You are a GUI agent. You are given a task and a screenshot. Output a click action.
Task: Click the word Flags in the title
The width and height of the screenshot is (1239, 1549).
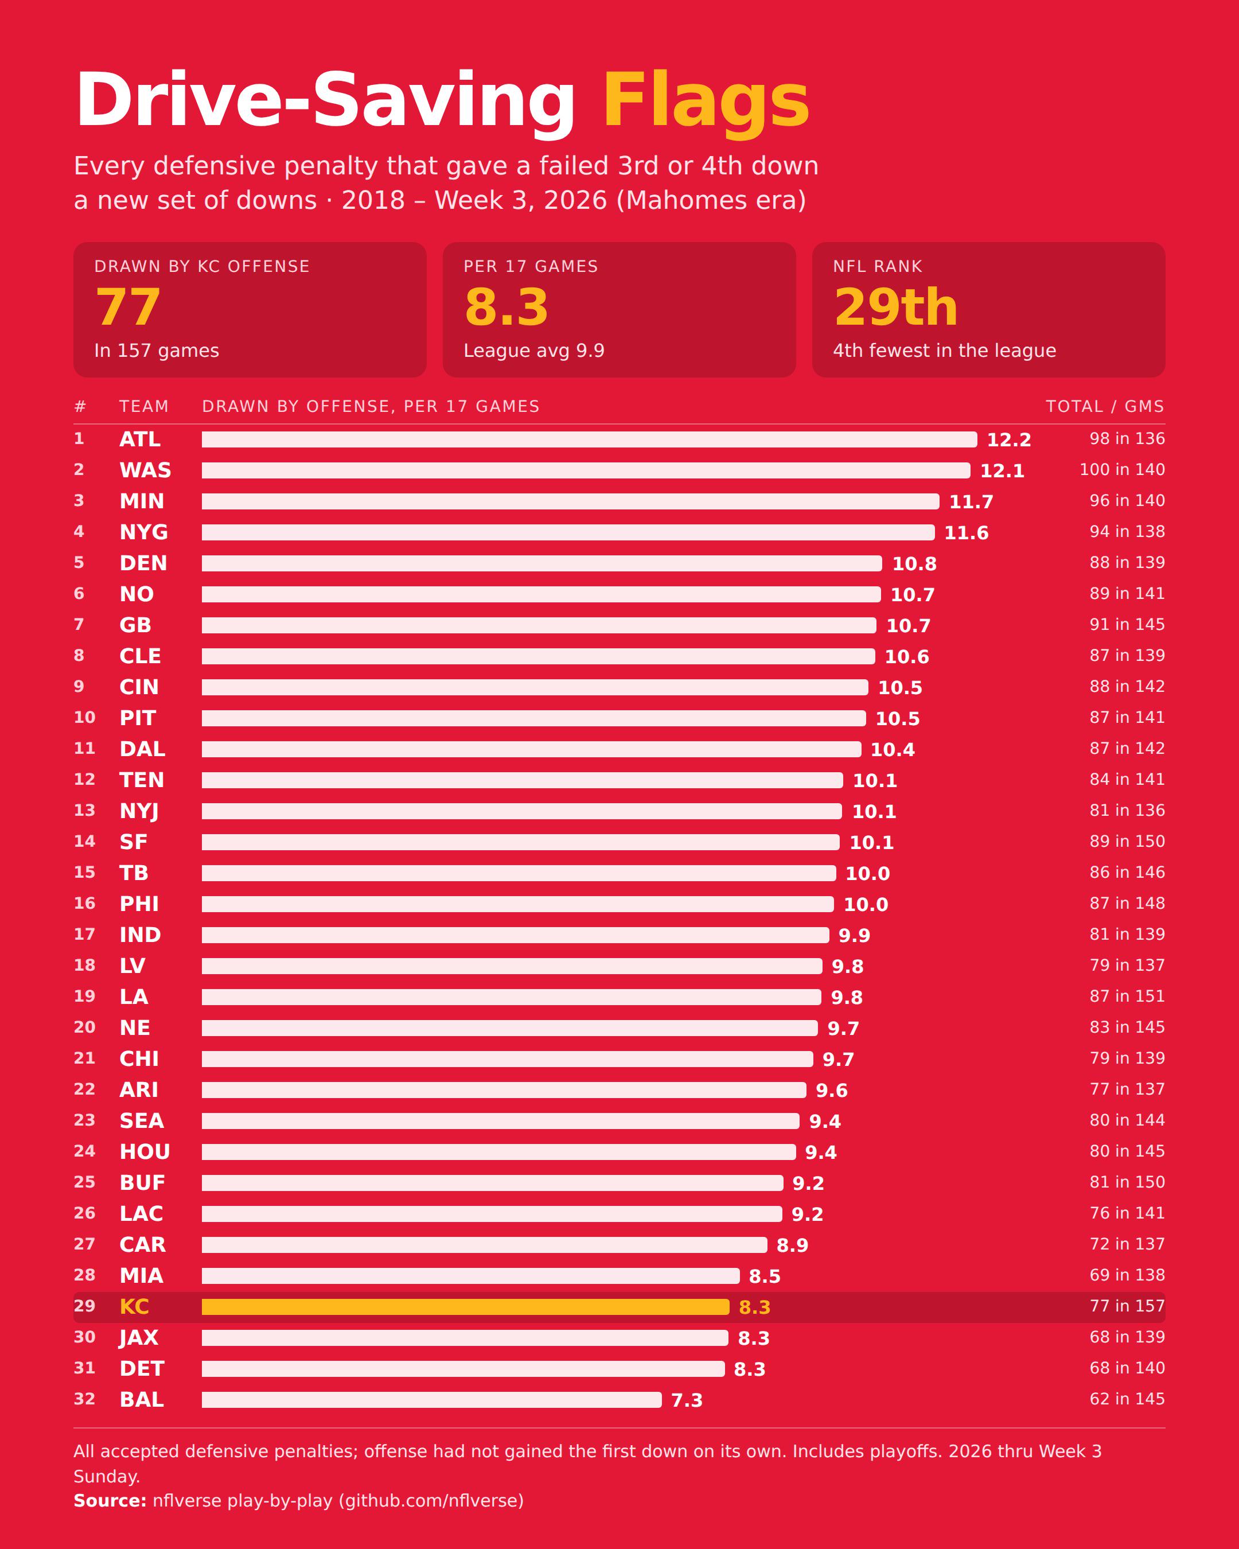pyautogui.click(x=707, y=102)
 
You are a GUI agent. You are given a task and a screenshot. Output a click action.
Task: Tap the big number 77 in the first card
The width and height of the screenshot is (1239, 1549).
pyautogui.click(x=128, y=308)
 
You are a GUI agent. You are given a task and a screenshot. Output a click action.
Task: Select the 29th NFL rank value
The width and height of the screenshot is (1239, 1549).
pyautogui.click(x=895, y=308)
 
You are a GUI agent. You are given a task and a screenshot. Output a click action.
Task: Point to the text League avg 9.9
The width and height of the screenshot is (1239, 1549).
pyautogui.click(x=533, y=351)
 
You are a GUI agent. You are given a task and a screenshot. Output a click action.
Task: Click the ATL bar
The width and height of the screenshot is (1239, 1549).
pyautogui.click(x=589, y=439)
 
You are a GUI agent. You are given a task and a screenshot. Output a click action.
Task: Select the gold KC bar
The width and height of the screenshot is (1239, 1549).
pyautogui.click(x=465, y=1307)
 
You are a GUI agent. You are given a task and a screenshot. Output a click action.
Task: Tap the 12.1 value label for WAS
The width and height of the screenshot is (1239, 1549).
pyautogui.click(x=1002, y=470)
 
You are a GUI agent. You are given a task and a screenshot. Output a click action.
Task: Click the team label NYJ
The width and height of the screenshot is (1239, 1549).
pyautogui.click(x=139, y=811)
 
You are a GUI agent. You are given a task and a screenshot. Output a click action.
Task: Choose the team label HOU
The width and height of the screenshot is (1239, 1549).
pyautogui.click(x=145, y=1151)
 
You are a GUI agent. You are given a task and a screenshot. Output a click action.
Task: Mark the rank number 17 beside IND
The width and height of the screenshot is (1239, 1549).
pyautogui.click(x=85, y=934)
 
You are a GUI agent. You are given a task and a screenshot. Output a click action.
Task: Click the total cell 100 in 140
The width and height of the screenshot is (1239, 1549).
pyautogui.click(x=1122, y=470)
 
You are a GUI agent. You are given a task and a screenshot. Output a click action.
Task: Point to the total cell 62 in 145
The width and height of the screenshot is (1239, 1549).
pyautogui.click(x=1127, y=1399)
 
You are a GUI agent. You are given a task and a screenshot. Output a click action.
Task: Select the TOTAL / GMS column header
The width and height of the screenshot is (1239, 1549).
pyautogui.click(x=1105, y=407)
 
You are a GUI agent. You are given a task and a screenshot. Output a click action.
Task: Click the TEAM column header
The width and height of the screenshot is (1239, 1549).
pyautogui.click(x=143, y=407)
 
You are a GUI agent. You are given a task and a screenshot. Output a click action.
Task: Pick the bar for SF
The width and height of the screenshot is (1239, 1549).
pyautogui.click(x=521, y=842)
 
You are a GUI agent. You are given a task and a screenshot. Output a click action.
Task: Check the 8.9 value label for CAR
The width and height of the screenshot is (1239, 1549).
pyautogui.click(x=792, y=1245)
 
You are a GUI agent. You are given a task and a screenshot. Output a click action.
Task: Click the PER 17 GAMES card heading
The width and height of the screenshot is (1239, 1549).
pyautogui.click(x=531, y=267)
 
